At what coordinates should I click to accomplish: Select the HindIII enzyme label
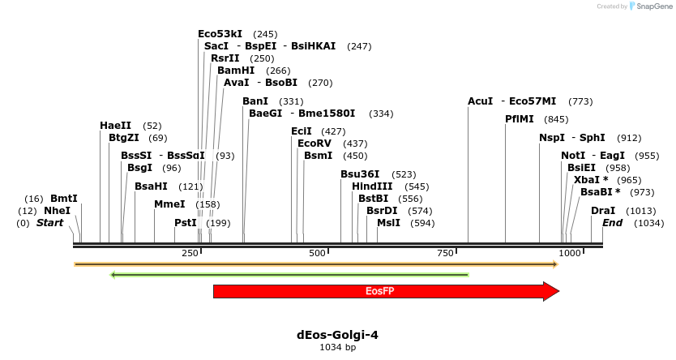[373, 186]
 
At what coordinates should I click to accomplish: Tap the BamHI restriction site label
[236, 71]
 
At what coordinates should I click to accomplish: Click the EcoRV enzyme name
[314, 144]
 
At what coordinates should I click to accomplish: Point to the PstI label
[186, 223]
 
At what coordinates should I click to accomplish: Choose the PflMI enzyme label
[520, 119]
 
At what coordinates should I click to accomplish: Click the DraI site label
[603, 211]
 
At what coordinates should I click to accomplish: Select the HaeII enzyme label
[115, 126]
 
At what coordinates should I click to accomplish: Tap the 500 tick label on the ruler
[318, 254]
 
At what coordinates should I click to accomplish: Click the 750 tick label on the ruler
[445, 254]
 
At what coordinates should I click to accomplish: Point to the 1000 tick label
[570, 254]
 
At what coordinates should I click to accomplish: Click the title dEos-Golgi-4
[337, 334]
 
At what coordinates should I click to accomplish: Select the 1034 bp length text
[337, 347]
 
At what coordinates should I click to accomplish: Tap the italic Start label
[49, 223]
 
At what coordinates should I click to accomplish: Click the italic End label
[612, 223]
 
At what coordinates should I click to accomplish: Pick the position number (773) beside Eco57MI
[580, 101]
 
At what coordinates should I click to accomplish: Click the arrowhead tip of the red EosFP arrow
[558, 291]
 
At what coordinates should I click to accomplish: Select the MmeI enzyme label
[169, 204]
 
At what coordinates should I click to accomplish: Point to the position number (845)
[557, 119]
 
